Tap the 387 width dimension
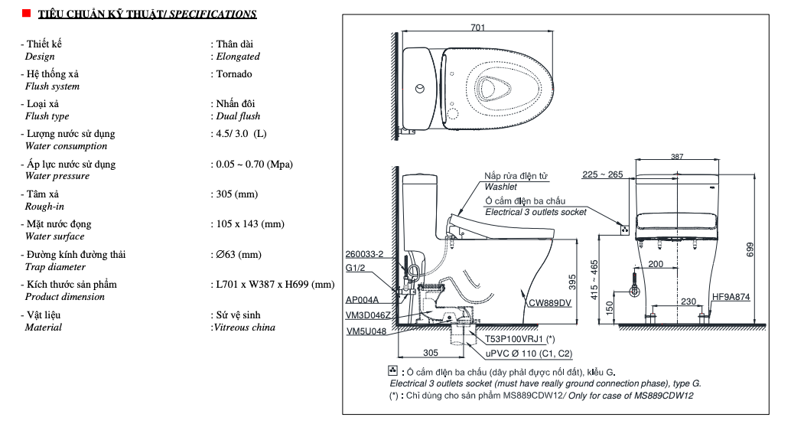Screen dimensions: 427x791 677,156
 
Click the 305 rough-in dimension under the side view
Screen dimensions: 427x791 431,353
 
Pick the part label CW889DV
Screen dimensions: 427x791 549,303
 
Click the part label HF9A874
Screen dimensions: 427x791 730,297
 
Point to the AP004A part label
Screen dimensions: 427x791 363,300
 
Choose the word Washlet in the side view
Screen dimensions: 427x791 500,187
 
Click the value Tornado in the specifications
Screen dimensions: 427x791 234,74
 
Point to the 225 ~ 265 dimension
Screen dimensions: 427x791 602,174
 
